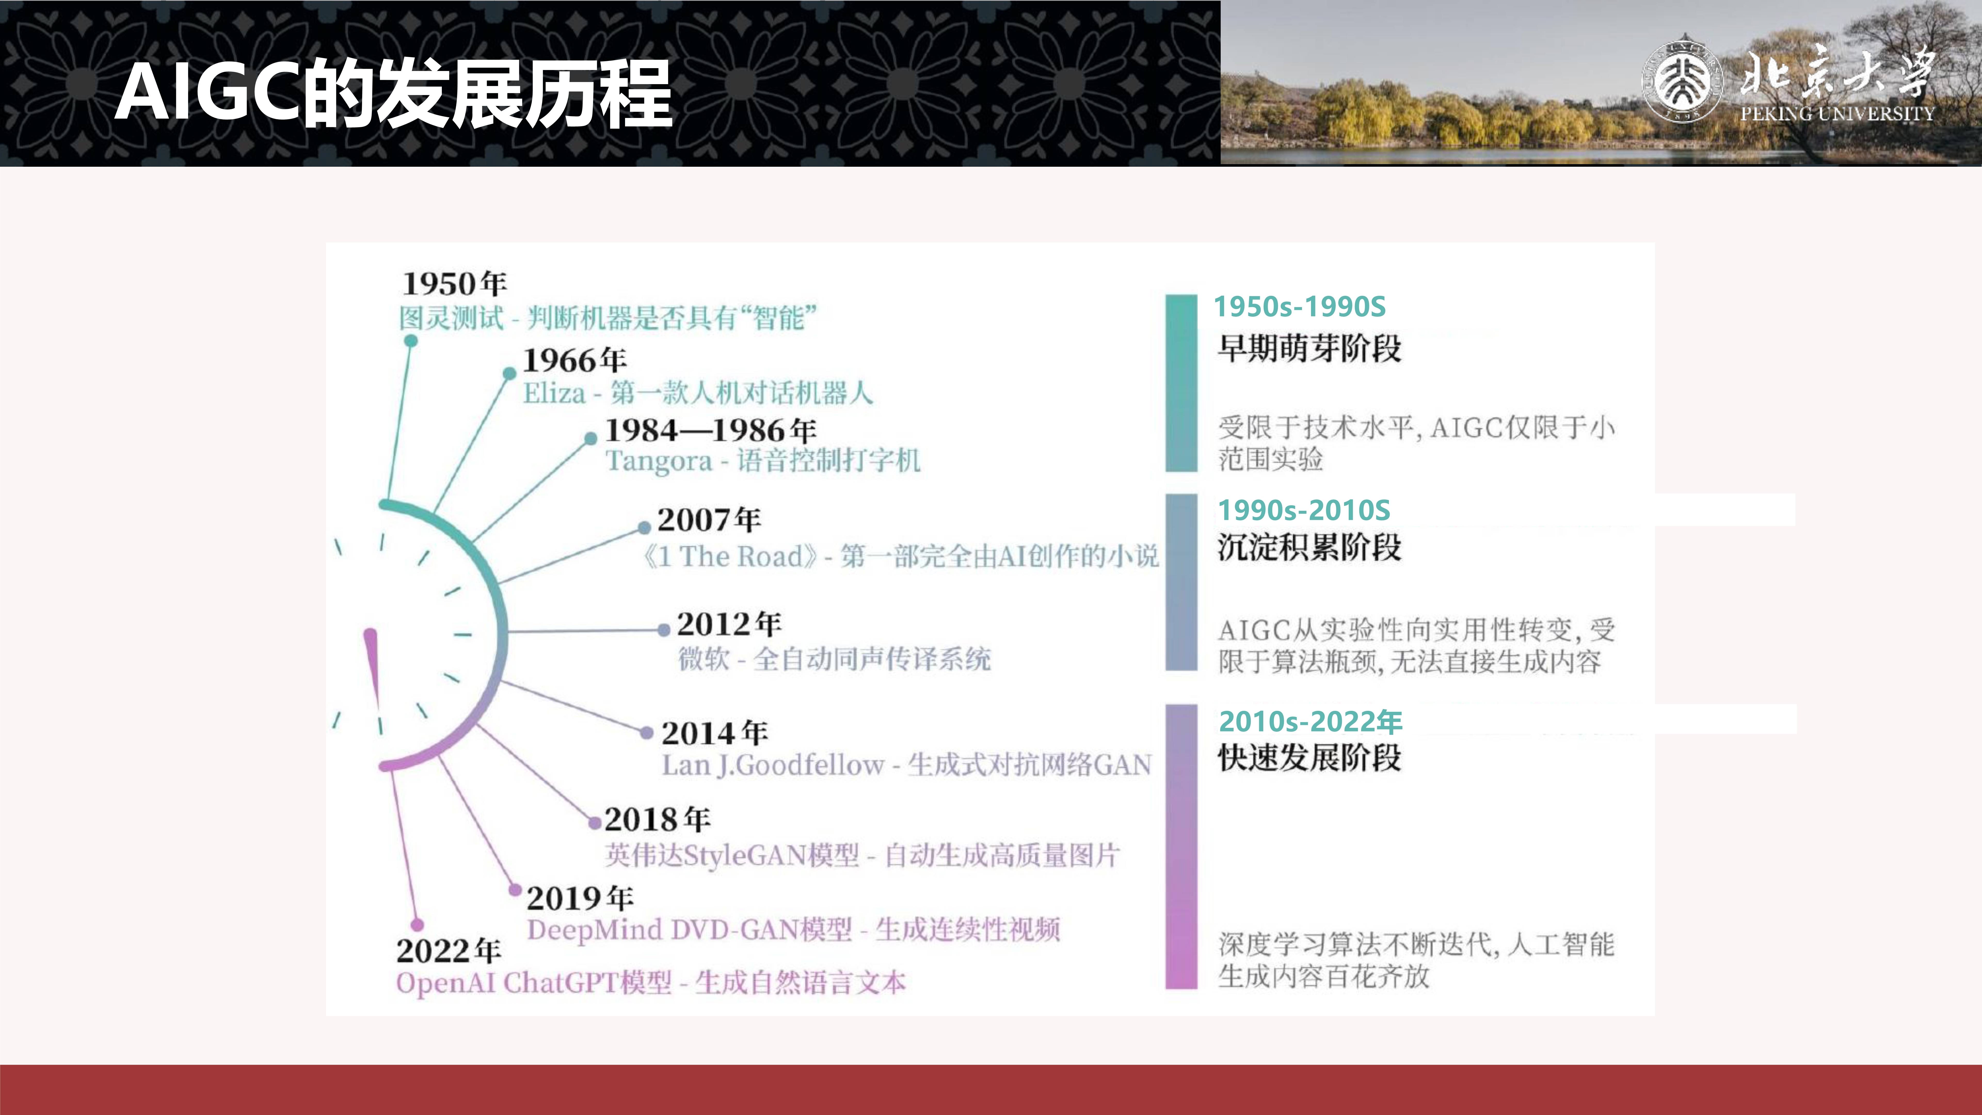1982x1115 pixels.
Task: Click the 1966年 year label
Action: (575, 359)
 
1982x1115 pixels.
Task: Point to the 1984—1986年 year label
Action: (710, 430)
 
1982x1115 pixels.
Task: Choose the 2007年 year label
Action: (709, 519)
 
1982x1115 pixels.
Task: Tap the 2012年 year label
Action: (729, 624)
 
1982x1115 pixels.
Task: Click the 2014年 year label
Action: (714, 732)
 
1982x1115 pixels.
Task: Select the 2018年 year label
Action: (657, 819)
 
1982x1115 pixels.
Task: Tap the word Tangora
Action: (659, 461)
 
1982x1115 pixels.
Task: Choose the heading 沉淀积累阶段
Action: (1309, 547)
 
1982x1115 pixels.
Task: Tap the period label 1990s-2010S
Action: (1304, 510)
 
